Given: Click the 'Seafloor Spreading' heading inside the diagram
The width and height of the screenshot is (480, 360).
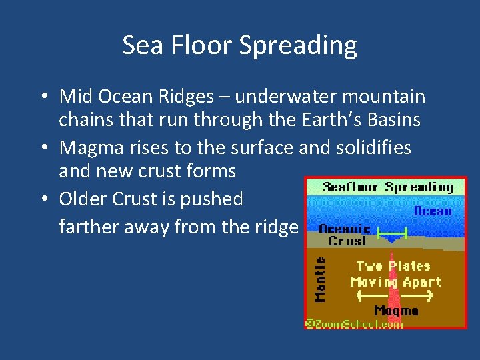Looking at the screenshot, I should [387, 187].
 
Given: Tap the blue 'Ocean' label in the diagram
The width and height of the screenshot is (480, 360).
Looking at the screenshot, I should [433, 211].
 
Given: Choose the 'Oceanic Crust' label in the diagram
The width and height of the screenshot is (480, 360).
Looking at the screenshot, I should [345, 235].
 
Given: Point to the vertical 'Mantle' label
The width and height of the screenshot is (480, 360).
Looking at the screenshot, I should [321, 279].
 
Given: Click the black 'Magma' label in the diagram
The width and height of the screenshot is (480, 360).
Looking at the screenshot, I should [396, 311].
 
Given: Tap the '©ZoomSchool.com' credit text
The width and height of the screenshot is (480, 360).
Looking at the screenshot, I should [354, 324].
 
